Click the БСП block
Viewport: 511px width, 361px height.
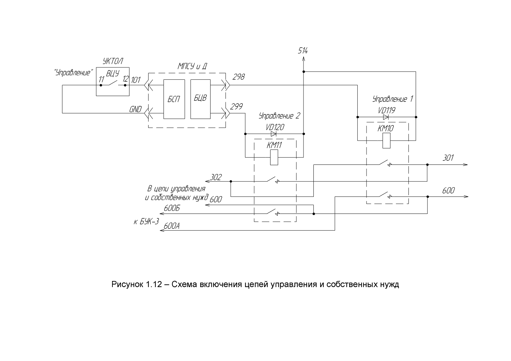pos(174,99)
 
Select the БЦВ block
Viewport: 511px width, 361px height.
pos(200,99)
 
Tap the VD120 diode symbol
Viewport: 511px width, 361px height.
pos(274,134)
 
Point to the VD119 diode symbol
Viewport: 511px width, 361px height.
pos(386,117)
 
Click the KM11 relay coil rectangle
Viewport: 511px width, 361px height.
pos(274,157)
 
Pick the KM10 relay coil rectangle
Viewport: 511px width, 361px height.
pos(386,140)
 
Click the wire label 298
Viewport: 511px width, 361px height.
pos(238,77)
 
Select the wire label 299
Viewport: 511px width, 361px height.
pos(236,107)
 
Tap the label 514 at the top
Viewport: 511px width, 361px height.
pos(303,51)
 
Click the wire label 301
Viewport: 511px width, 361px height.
pos(448,158)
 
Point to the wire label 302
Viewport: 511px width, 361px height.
pos(216,177)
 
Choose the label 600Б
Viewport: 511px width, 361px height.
pos(172,208)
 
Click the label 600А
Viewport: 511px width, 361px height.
pos(172,226)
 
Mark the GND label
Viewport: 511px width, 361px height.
pos(136,109)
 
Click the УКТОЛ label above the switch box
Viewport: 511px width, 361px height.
pos(113,61)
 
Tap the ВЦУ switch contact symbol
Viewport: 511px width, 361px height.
pos(113,83)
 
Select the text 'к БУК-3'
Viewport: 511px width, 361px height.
pos(146,222)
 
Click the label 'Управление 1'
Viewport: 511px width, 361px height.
pos(393,99)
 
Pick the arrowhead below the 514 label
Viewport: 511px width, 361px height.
pos(304,59)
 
